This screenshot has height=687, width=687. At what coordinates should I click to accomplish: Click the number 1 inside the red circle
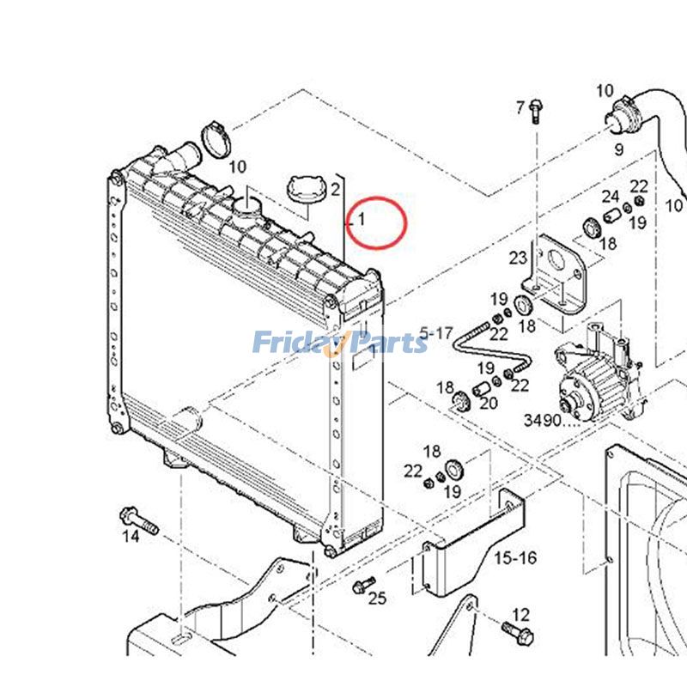click(x=362, y=219)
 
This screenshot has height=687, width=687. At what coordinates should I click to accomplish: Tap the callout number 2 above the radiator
click(x=335, y=189)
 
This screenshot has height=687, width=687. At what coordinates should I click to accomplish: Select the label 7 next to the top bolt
click(x=520, y=107)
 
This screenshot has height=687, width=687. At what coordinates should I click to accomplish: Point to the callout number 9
click(x=617, y=149)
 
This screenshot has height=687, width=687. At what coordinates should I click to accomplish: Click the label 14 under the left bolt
click(x=130, y=537)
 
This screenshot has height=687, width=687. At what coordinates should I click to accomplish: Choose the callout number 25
click(x=377, y=599)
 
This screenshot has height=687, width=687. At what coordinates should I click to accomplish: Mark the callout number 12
click(x=520, y=615)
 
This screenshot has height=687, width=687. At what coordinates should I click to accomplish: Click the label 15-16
click(x=515, y=558)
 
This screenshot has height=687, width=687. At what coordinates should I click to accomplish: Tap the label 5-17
click(x=435, y=331)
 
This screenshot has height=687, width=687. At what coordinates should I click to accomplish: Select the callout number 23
click(x=517, y=257)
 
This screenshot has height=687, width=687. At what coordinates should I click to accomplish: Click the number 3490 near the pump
click(x=542, y=421)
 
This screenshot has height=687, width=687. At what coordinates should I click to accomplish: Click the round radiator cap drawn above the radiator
click(x=301, y=190)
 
